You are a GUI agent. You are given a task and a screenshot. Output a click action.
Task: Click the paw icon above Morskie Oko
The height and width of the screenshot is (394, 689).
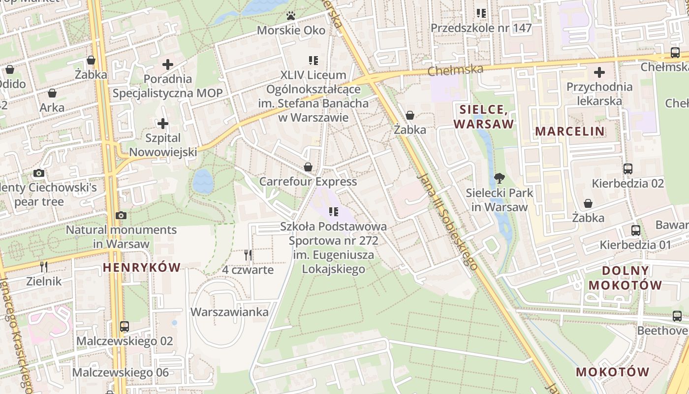point(291,16)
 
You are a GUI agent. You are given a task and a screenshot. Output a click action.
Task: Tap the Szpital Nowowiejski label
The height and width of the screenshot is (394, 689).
point(163,145)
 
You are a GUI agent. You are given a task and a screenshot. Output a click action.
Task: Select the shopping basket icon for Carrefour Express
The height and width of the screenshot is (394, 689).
point(308,167)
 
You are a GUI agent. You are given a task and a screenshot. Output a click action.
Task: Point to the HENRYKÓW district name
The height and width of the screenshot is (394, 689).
point(142,267)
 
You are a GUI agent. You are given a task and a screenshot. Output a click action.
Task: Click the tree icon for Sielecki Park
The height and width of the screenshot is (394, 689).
point(500,178)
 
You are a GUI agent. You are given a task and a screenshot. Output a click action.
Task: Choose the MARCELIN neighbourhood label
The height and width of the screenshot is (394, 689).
point(569,131)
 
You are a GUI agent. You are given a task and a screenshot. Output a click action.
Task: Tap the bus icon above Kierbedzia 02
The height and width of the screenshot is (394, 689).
point(627,169)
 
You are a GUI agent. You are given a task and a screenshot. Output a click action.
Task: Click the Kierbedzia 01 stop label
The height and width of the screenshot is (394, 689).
point(635,245)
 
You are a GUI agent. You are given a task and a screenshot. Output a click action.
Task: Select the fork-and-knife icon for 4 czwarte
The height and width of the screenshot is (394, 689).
point(248,255)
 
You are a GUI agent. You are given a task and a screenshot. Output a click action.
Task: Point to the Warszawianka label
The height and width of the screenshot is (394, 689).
point(229,312)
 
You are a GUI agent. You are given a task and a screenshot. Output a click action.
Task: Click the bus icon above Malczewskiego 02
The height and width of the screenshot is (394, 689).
point(125,326)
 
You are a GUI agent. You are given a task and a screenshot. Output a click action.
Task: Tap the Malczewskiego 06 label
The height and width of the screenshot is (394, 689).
point(121,372)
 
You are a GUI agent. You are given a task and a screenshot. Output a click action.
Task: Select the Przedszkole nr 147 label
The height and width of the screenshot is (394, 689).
point(481,28)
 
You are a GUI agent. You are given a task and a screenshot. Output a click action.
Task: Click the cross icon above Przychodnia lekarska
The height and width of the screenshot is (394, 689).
point(599,72)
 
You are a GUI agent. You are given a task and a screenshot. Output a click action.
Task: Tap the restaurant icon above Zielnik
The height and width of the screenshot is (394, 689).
point(44,266)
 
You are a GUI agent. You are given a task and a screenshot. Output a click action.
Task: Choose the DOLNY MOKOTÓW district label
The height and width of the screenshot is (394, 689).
point(625,278)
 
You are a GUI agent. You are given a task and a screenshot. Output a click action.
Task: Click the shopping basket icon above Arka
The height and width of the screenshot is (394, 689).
point(52,93)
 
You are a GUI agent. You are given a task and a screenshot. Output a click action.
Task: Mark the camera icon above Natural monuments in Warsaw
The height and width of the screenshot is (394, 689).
point(121,215)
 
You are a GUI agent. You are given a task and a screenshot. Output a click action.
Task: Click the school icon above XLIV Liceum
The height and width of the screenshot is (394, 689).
point(313,61)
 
